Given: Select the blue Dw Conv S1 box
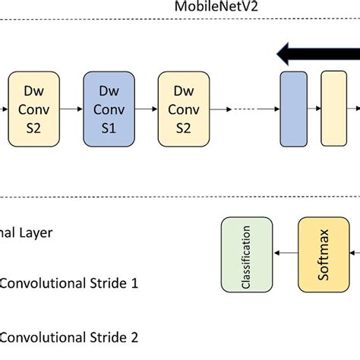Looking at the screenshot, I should pos(109,109).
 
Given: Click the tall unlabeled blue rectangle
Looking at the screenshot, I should pos(293,109).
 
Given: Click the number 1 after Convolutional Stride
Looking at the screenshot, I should pos(134,284).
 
